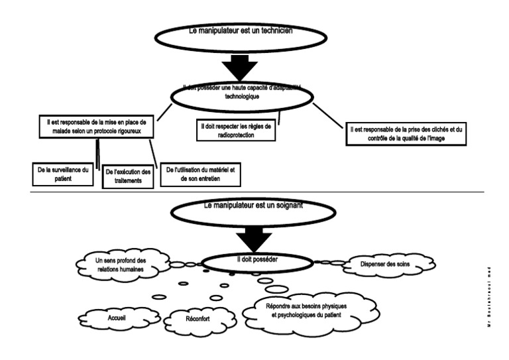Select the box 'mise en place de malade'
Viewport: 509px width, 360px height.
point(97,127)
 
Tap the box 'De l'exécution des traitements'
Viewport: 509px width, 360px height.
point(128,176)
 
